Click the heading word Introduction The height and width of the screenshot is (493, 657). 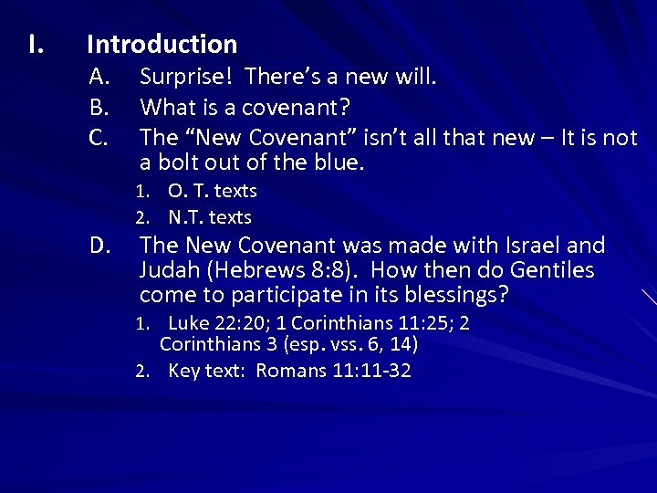162,44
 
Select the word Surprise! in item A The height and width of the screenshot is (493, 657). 187,79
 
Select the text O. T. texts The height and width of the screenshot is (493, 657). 212,192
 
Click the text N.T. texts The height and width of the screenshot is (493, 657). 209,218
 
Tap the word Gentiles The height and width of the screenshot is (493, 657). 548,270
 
